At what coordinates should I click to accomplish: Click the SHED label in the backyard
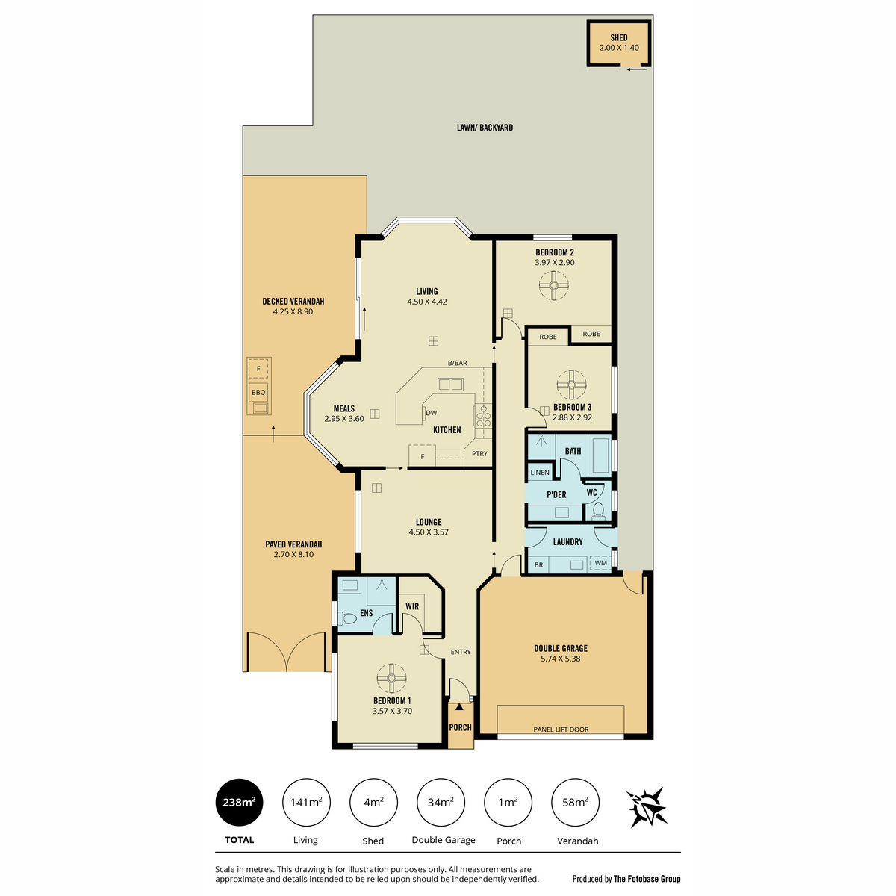click(x=618, y=37)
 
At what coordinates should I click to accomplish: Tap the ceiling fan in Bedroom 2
click(x=554, y=284)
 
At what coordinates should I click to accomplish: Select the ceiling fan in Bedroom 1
click(x=391, y=678)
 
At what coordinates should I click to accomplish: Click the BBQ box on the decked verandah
click(x=258, y=392)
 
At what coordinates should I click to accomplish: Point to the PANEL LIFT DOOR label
click(x=561, y=729)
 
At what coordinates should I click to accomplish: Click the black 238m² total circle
click(x=239, y=802)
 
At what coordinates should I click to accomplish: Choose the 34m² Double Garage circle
click(x=441, y=802)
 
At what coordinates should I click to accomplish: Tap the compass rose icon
click(x=646, y=807)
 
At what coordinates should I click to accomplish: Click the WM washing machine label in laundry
click(x=600, y=563)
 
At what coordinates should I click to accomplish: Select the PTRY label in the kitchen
click(x=479, y=453)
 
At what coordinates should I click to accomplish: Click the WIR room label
click(x=412, y=606)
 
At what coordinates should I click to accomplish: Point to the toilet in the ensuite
click(x=347, y=618)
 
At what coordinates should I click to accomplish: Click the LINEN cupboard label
click(x=540, y=473)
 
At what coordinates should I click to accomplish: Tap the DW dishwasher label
click(x=431, y=413)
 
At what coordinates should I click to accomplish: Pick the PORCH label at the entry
click(x=460, y=727)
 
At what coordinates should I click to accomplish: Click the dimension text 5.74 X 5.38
click(x=560, y=659)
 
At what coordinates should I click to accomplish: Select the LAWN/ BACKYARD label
click(x=485, y=128)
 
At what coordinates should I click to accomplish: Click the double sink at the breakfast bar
click(x=450, y=385)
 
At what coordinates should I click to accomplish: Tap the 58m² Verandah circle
click(x=575, y=802)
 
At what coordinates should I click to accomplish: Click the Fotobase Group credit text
click(x=626, y=879)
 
